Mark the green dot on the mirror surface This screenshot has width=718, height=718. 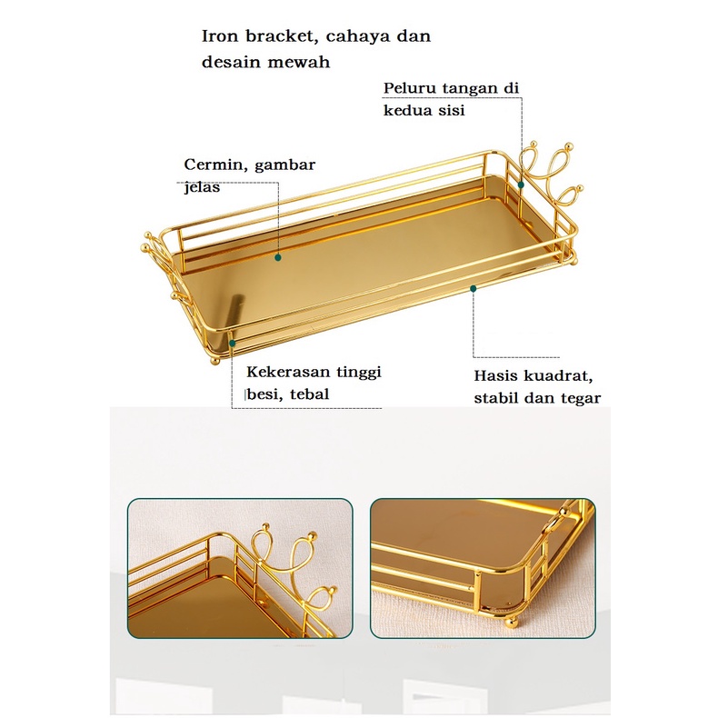tap(277, 257)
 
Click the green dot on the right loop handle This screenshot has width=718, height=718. tap(521, 184)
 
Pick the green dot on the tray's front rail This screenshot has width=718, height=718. tap(474, 288)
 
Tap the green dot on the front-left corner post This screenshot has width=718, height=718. tap(232, 344)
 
